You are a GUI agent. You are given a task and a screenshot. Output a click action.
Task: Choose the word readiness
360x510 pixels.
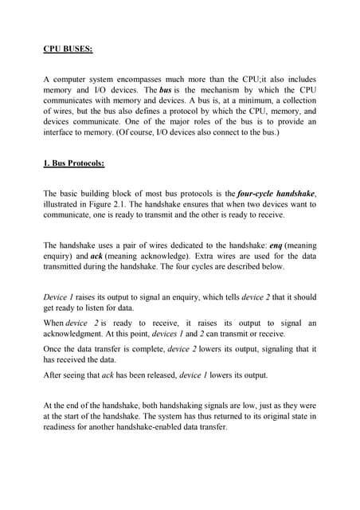point(64,426)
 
